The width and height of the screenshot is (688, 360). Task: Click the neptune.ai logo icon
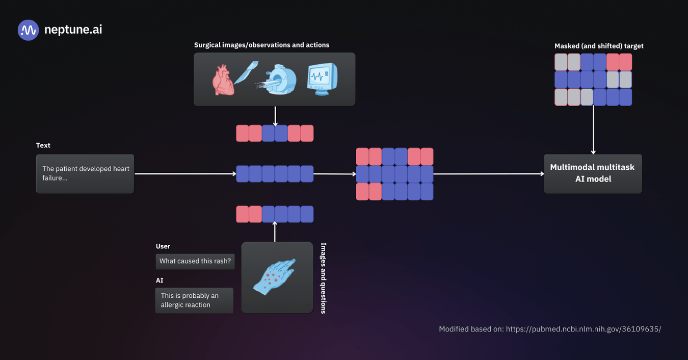pos(28,30)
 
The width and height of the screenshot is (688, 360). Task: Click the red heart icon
pos(223,80)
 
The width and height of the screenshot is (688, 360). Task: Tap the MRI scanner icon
pos(277,79)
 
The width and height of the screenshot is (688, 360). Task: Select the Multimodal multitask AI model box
pos(592,174)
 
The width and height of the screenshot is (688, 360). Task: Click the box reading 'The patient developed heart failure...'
pos(85,174)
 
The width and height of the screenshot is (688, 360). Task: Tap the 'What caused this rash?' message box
pos(195,261)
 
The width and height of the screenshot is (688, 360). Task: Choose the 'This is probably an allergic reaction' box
pos(194,300)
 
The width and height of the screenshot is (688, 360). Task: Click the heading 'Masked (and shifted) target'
pos(599,46)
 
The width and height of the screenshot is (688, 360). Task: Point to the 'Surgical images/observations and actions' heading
pos(261,45)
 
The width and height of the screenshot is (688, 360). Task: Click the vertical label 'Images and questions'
pos(323,278)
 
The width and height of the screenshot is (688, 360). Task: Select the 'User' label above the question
pos(163,246)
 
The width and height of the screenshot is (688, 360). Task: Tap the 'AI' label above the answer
pos(160,280)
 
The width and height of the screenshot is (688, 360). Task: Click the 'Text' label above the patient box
pos(43,145)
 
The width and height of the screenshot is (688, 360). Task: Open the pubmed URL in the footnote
pos(583,329)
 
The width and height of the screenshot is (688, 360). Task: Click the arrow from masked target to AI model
pos(593,130)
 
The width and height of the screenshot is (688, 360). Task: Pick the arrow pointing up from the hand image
pos(275,232)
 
